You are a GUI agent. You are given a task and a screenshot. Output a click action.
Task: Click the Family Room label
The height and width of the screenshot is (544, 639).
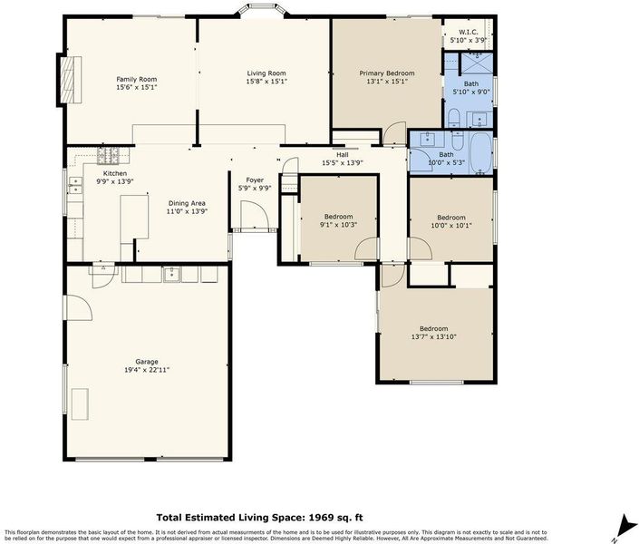point(137,79)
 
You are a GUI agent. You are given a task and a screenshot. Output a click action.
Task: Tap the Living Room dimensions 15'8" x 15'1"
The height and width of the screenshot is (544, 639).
point(266,82)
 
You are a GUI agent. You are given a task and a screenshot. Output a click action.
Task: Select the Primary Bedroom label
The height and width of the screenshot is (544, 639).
point(387,73)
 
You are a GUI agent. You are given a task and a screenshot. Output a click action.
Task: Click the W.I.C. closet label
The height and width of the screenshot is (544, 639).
point(469,32)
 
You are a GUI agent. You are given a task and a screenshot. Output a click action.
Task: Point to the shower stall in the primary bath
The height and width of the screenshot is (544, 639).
point(477,64)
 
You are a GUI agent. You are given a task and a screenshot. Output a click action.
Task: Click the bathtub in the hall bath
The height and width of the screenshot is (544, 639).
point(482,153)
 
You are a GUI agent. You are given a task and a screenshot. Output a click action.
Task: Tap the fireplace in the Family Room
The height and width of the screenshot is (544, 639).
point(71,80)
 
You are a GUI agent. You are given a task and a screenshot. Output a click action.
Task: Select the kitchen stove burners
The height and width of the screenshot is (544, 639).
point(108,155)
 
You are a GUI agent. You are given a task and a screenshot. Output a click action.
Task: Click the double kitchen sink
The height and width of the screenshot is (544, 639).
point(75,185)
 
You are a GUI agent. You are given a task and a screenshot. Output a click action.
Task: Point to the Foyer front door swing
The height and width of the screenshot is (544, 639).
point(254,215)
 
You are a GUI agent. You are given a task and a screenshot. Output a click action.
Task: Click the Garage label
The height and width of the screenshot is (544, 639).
point(147,362)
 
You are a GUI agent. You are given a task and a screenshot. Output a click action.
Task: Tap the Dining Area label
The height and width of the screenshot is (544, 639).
point(187,203)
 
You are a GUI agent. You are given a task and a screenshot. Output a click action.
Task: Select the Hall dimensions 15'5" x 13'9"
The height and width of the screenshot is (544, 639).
point(343,162)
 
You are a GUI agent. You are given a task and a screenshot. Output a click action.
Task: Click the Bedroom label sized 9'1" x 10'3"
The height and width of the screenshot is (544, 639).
point(339,217)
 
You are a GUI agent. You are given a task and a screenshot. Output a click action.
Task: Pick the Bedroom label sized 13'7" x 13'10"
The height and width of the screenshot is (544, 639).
point(434,329)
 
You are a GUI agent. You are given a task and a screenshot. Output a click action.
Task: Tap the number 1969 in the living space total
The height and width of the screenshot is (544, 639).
point(320,518)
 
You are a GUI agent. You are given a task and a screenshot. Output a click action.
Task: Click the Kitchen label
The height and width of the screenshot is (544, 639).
point(115,173)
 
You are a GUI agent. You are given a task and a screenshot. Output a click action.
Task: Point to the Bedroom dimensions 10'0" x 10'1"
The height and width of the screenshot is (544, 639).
point(451,225)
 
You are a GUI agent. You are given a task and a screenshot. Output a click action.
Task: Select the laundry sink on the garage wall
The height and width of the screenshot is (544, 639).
point(172,274)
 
